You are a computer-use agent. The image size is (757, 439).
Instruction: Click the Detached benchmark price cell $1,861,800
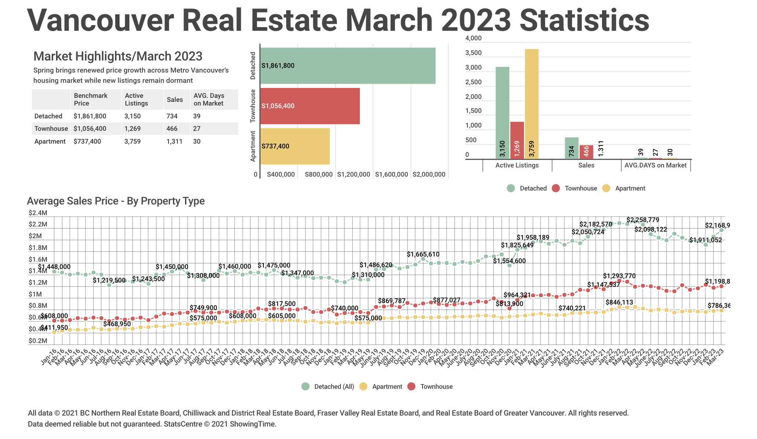pyautogui.click(x=90, y=116)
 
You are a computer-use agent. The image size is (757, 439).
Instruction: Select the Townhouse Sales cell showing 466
pyautogui.click(x=172, y=129)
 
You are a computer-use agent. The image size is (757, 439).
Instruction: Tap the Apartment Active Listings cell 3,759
pyautogui.click(x=133, y=141)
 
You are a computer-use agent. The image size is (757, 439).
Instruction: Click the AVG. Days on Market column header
pyautogui.click(x=209, y=99)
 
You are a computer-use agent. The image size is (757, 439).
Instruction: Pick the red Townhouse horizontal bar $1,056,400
pyautogui.click(x=310, y=106)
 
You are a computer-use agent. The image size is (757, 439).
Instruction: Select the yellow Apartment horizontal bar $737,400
pyautogui.click(x=295, y=146)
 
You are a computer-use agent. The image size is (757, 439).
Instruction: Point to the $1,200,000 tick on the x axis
pyautogui.click(x=354, y=174)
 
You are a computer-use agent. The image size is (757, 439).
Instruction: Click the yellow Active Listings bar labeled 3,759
pyautogui.click(x=532, y=104)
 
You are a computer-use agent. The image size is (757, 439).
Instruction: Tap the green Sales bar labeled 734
pyautogui.click(x=572, y=148)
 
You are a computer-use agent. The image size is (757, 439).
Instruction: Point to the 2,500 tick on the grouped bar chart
pyautogui.click(x=473, y=82)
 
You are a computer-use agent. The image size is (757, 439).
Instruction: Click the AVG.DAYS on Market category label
pyautogui.click(x=656, y=165)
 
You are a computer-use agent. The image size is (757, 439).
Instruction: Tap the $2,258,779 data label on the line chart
pyautogui.click(x=643, y=220)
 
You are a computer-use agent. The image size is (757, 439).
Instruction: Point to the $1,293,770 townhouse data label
pyautogui.click(x=620, y=276)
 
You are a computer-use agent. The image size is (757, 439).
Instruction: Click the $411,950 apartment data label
pyautogui.click(x=54, y=327)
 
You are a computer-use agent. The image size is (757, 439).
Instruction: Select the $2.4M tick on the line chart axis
pyautogui.click(x=38, y=213)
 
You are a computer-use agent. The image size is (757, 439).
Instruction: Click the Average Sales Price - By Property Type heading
pyautogui.click(x=116, y=201)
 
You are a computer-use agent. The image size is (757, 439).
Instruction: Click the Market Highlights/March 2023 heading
pyautogui.click(x=118, y=56)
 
